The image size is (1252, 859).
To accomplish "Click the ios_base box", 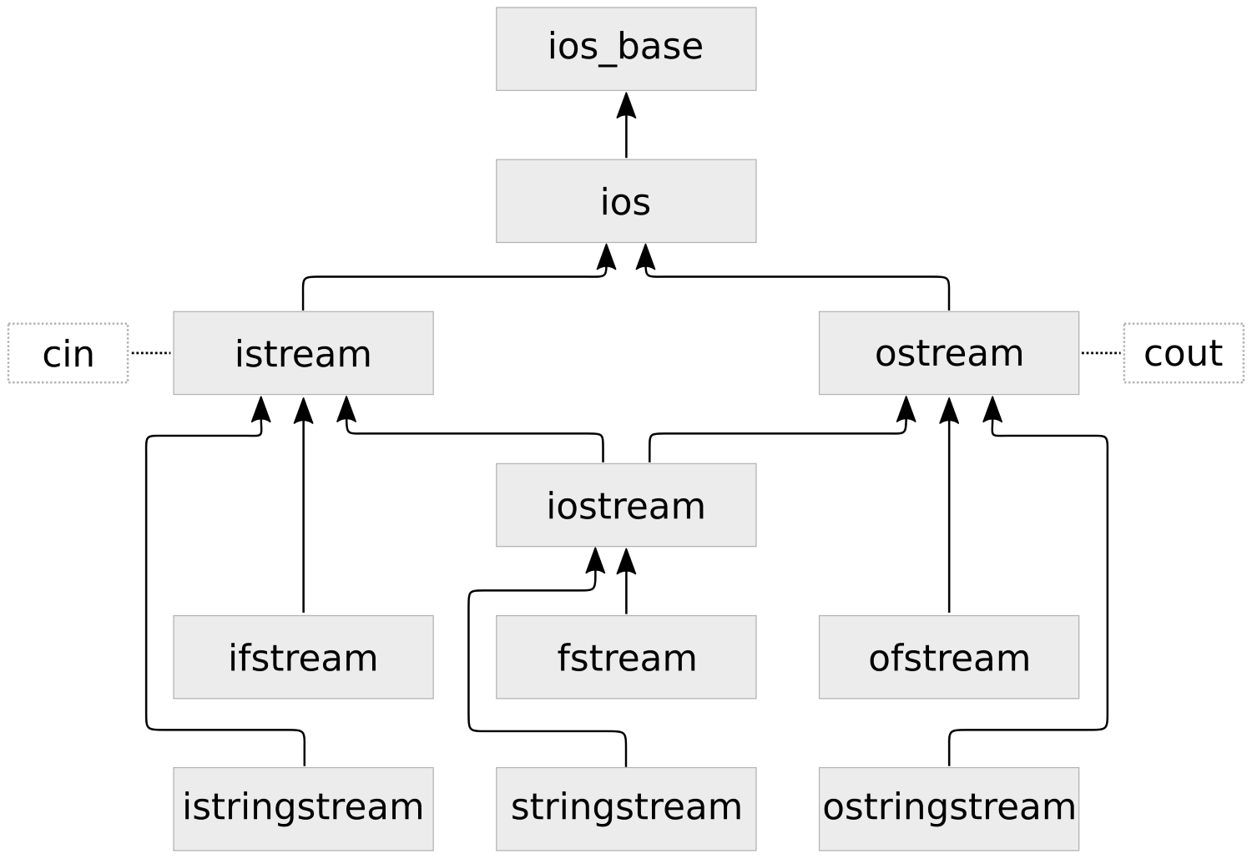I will (x=626, y=48).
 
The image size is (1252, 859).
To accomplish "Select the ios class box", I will (x=626, y=201).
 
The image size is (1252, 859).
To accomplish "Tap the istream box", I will (x=303, y=353).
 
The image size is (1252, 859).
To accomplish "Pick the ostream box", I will (x=949, y=353).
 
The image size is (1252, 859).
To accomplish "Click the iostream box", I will (x=626, y=505).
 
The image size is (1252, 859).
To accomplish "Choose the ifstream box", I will (x=303, y=657).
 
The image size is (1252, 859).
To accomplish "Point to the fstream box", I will (x=626, y=657).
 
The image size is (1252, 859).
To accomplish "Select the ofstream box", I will (x=949, y=657).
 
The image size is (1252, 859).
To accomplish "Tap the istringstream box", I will (x=303, y=808).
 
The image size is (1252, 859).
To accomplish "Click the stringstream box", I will (x=626, y=808).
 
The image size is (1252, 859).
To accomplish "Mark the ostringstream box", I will (x=949, y=808).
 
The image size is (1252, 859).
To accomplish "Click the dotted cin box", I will (x=68, y=353).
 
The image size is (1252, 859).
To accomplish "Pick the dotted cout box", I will (x=1184, y=353).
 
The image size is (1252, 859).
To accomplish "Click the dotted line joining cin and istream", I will (x=151, y=353).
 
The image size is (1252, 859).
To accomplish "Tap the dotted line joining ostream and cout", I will (x=1101, y=353).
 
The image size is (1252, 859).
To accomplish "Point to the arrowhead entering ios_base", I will (x=626, y=104).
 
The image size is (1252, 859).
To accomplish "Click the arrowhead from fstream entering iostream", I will (x=626, y=561).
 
